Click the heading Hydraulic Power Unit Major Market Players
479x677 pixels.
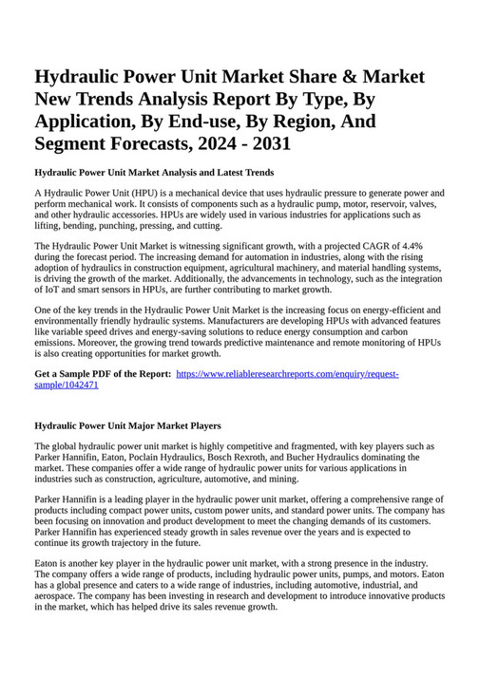[127, 426]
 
